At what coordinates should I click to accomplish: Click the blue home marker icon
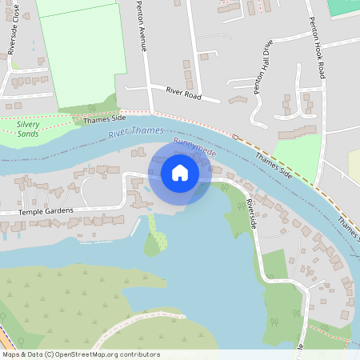(180, 173)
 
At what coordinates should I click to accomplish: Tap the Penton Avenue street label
(140, 29)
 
